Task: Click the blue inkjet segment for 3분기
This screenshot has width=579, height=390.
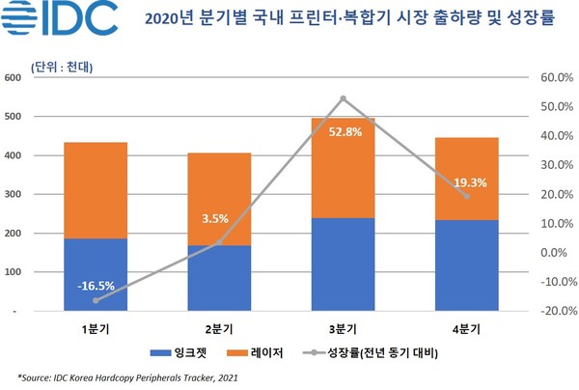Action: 343,265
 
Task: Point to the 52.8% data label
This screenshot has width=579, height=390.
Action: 343,132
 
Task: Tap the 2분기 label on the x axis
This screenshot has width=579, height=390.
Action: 219,329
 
